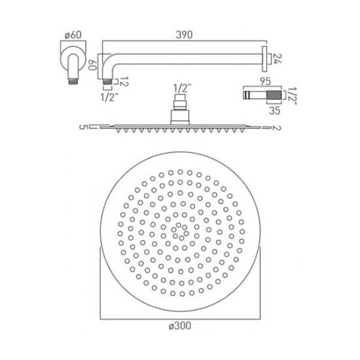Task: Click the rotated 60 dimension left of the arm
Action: pyautogui.click(x=93, y=63)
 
